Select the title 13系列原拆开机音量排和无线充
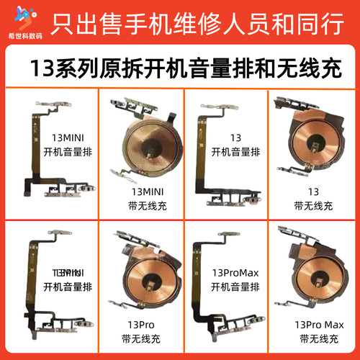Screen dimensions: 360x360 (x=180, y=68)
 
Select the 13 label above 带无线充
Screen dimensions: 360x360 (x=312, y=192)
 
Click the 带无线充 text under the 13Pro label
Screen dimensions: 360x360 (x=138, y=336)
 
